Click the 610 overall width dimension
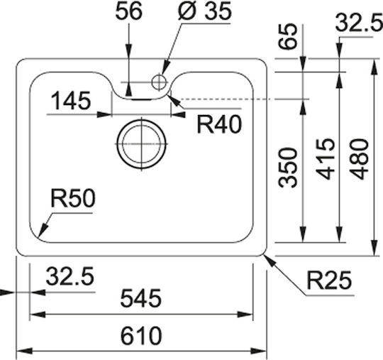point(141,336)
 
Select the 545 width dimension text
point(141,298)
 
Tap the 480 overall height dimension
point(359,159)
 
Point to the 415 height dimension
point(325,159)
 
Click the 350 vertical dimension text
point(288,168)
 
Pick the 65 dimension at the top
point(288,36)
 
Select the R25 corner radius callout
point(329,280)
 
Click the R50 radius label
point(73,199)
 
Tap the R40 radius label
point(219,124)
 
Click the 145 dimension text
point(71,101)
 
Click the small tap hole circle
point(160,82)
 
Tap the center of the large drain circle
point(142,144)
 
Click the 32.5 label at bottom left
point(70,276)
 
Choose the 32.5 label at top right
point(359,22)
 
